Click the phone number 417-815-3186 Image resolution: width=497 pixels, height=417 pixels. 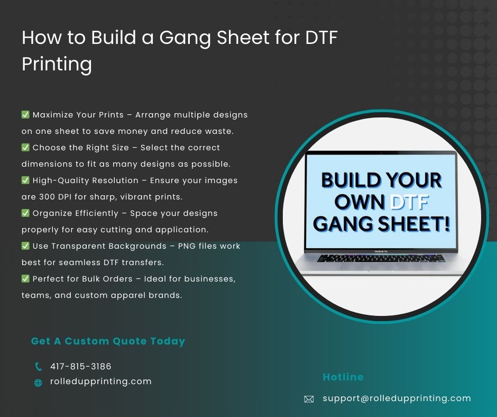[x=81, y=366]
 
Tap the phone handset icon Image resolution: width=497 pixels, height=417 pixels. [x=38, y=367]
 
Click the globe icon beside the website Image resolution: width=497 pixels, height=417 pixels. [x=38, y=383]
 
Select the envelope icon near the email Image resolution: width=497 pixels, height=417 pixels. [x=309, y=399]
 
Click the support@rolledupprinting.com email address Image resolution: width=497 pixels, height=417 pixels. [x=397, y=398]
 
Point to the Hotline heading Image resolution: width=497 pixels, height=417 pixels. [x=343, y=377]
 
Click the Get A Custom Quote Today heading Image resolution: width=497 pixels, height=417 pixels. [x=108, y=341]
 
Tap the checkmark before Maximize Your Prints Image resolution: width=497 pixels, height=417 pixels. [x=25, y=114]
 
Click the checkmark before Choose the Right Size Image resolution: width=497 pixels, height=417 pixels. [x=25, y=147]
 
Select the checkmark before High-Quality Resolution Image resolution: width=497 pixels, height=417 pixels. [x=25, y=180]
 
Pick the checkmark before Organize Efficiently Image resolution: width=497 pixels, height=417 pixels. [x=25, y=213]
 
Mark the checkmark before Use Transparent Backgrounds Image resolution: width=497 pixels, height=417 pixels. [x=25, y=246]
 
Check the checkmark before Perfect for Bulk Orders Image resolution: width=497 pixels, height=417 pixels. [x=25, y=278]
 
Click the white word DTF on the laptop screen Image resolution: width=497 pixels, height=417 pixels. [x=409, y=202]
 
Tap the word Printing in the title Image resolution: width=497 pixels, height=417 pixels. [x=57, y=64]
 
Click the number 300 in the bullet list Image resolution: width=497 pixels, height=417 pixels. [x=47, y=197]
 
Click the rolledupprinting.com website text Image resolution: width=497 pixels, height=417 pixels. [x=101, y=382]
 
